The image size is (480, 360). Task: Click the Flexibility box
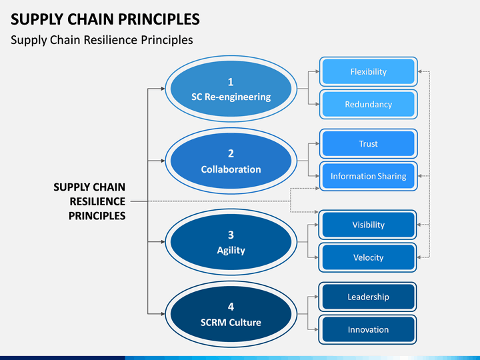368,71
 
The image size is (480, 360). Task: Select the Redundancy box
368,105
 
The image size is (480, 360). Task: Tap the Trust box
368,143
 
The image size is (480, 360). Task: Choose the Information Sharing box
368,176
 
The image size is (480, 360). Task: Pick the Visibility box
367,225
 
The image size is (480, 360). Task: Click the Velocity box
367,257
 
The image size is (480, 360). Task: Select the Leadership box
367,297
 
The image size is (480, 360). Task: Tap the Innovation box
367,330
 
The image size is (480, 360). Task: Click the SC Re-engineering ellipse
231,89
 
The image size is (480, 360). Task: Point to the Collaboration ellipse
231,161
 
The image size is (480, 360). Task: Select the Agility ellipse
231,242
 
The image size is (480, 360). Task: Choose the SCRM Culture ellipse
231,314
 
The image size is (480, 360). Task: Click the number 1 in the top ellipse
231,82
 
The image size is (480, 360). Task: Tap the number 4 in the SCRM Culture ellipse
231,307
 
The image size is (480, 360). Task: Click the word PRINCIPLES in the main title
159,19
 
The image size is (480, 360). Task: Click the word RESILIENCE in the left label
97,201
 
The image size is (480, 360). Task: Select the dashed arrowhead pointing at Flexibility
420,71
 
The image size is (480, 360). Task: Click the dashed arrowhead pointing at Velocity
419,257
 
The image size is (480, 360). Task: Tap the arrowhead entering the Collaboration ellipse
163,161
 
